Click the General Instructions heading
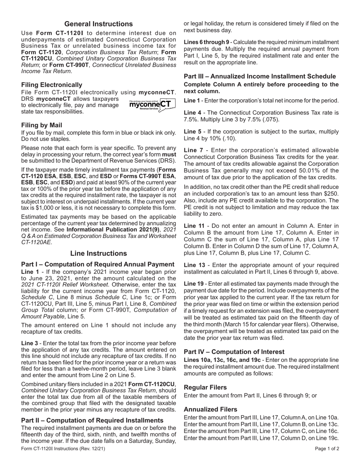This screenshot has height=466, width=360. click(99, 24)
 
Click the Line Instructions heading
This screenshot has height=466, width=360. click(99, 253)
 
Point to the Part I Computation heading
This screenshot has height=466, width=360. click(98, 264)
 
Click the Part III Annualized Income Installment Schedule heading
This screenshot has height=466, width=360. click(260, 76)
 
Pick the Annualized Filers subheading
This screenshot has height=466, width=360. click(210, 409)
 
